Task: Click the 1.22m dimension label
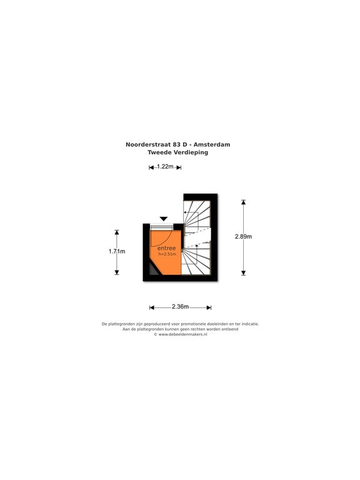pos(165,167)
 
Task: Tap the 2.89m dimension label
pos(243,236)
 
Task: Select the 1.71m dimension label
pos(117,251)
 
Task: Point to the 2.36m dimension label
pos(180,306)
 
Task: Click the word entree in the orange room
pos(166,248)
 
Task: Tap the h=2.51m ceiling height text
pos(167,254)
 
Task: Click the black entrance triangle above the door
pos(164,219)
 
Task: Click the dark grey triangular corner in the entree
pos(154,270)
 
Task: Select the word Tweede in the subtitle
pos(159,152)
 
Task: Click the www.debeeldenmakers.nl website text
pos(182,334)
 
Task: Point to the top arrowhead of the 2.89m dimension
pos(243,202)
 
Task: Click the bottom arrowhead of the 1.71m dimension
pos(117,272)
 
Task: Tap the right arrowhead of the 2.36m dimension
pos(209,307)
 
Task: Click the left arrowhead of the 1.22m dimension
pos(151,167)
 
